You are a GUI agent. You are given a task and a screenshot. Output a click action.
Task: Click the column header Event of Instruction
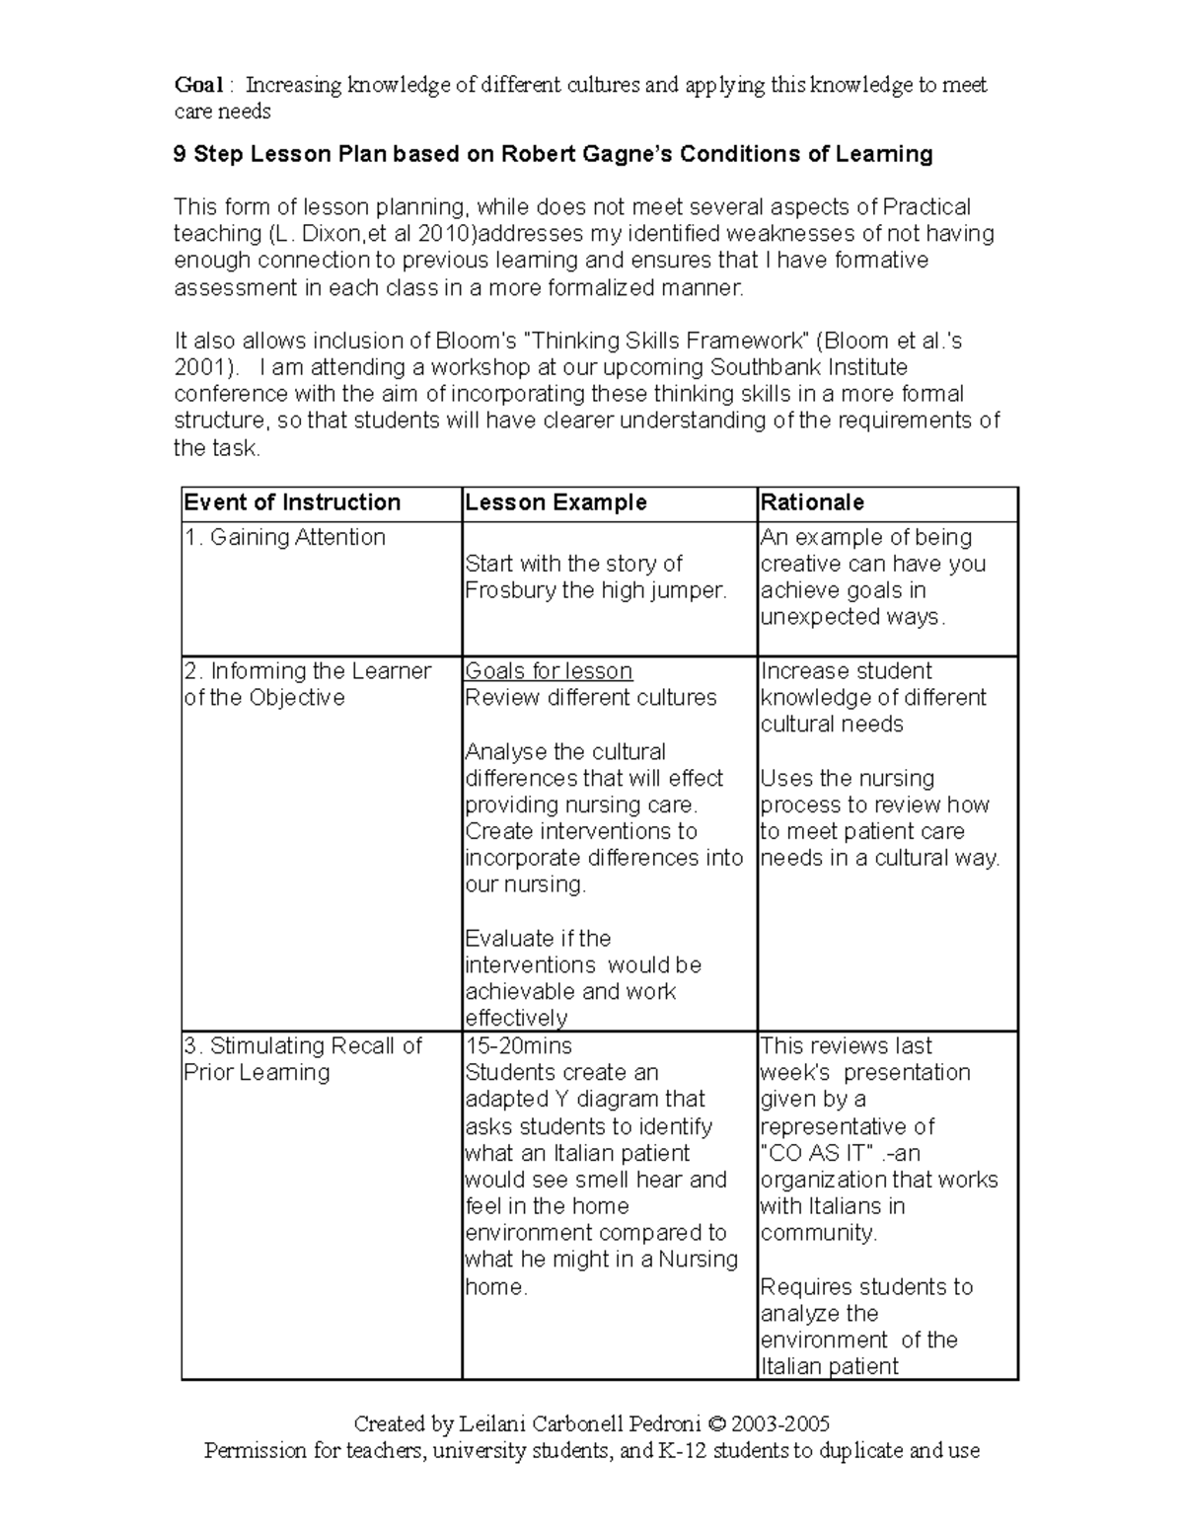tap(292, 502)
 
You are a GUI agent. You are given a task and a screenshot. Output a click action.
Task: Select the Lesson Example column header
tap(555, 502)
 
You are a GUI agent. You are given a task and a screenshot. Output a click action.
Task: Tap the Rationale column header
tap(812, 502)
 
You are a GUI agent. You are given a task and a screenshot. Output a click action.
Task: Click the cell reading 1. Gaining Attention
tap(284, 537)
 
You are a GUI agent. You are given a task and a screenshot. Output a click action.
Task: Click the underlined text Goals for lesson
tap(549, 671)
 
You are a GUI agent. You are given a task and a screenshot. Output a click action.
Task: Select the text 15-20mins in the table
tap(518, 1045)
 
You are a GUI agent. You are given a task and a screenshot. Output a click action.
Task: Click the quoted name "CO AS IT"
tap(817, 1153)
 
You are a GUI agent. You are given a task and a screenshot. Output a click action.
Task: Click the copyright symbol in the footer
tap(716, 1424)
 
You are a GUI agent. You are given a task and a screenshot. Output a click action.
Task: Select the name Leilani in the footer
tap(492, 1424)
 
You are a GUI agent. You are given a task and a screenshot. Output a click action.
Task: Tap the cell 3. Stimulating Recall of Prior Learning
tap(302, 1058)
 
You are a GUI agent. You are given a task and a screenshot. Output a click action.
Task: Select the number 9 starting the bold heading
tap(180, 154)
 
